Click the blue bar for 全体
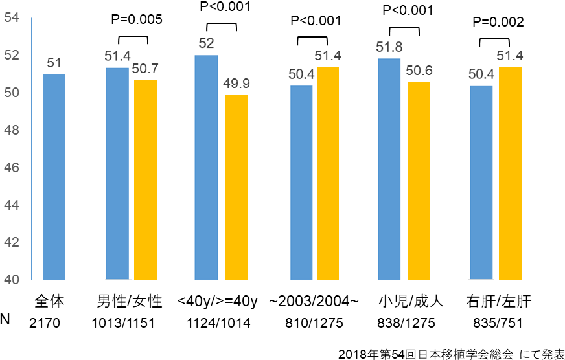click(x=54, y=177)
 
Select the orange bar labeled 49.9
click(x=236, y=187)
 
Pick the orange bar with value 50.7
click(x=145, y=179)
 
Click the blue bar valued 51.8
click(x=389, y=169)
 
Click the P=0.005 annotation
click(x=136, y=19)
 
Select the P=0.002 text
click(x=498, y=21)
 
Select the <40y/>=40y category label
click(x=218, y=302)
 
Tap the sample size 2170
click(x=45, y=322)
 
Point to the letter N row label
click(x=6, y=320)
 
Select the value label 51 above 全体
click(x=54, y=63)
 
